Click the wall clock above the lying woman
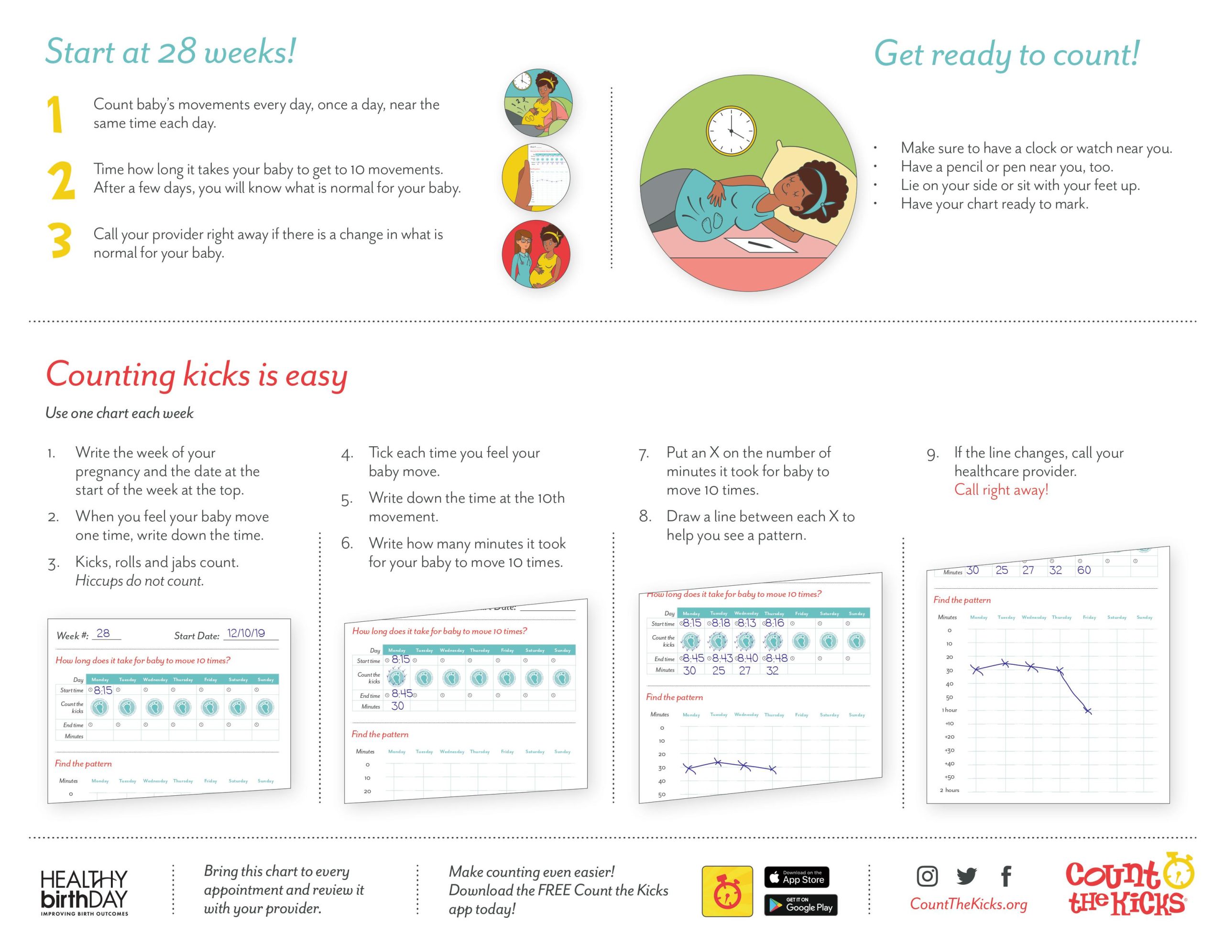pos(731,131)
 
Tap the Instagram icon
pos(927,875)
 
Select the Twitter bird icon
pos(966,875)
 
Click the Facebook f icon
pos(1006,875)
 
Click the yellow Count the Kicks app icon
pos(727,891)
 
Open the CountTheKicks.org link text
pos(968,904)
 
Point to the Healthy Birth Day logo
pos(84,892)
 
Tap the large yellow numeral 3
pos(60,241)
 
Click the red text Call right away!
pos(1001,490)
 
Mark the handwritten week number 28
pos(103,633)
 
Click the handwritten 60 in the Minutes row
pos(1084,570)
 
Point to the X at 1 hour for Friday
pos(1088,711)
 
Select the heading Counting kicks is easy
pos(196,374)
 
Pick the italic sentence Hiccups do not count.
pos(140,581)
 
